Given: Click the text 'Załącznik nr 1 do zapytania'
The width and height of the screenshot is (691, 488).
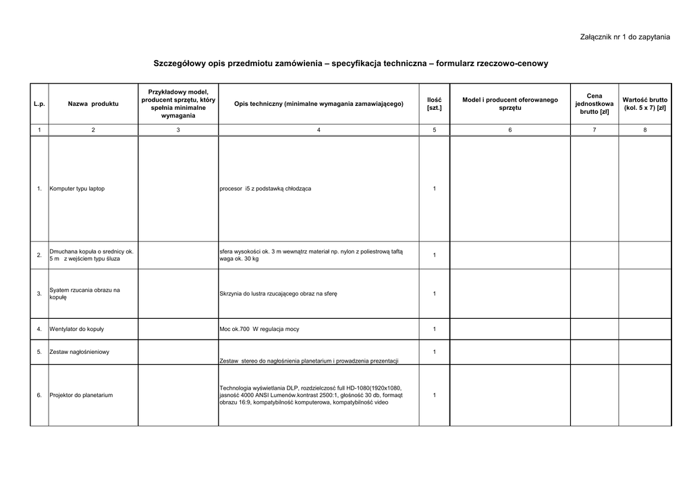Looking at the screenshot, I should (625, 36).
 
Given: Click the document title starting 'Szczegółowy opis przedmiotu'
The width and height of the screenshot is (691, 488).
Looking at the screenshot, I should (351, 63).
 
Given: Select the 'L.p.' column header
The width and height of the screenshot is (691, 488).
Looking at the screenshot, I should (39, 104).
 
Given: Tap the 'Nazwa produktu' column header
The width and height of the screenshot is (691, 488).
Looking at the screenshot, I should (93, 104).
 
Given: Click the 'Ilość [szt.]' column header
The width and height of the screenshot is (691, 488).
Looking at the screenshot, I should (434, 104).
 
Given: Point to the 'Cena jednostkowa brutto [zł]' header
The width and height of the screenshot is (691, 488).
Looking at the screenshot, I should (594, 104).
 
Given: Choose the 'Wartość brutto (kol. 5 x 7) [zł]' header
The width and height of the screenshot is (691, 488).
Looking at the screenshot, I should (644, 104).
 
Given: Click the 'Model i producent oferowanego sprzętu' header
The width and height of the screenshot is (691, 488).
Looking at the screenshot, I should (509, 104).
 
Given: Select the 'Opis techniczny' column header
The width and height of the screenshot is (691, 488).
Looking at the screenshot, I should (319, 104).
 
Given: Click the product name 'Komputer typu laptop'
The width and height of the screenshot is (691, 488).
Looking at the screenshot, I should (77, 188).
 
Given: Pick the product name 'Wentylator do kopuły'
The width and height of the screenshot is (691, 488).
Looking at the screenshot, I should (76, 329).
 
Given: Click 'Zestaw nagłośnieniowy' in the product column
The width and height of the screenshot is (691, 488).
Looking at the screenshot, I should (79, 352).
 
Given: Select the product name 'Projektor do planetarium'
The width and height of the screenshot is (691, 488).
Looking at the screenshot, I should (81, 395).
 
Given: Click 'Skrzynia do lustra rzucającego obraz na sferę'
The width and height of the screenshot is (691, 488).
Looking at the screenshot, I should (278, 294).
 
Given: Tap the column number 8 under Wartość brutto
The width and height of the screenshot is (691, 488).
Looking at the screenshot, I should (644, 129).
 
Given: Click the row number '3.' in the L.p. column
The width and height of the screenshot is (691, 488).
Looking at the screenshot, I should (39, 294).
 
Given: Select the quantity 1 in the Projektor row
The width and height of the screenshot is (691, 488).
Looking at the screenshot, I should (434, 395).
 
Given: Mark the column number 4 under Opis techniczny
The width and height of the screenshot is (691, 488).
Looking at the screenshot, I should (319, 129).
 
